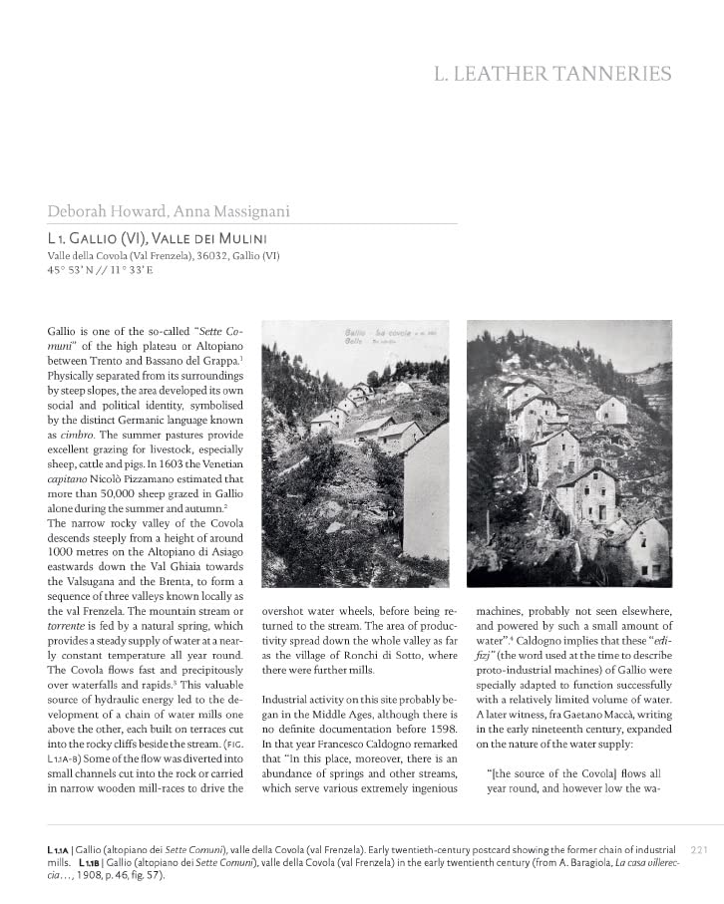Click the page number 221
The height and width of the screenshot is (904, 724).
tap(698, 849)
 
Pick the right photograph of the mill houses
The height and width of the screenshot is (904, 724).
tap(569, 453)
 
